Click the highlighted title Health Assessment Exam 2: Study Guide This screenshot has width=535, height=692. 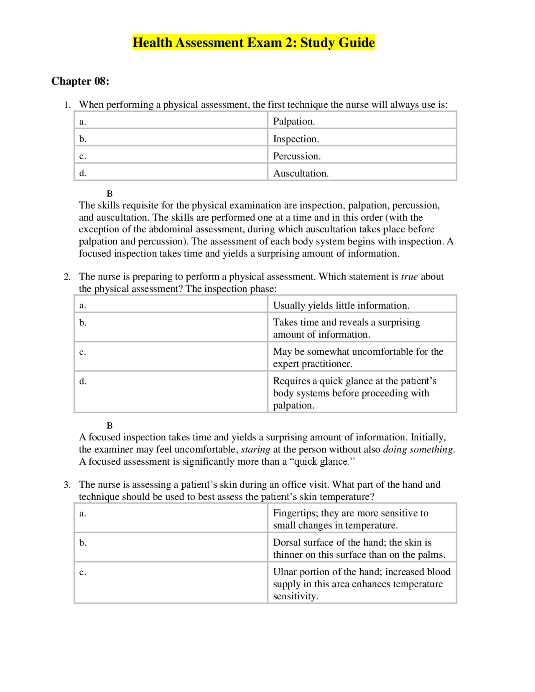click(x=254, y=43)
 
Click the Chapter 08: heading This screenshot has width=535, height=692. click(x=80, y=81)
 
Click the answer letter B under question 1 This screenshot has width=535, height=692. click(x=110, y=193)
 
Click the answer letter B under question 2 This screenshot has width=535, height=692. click(x=110, y=425)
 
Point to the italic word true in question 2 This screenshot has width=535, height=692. click(x=409, y=277)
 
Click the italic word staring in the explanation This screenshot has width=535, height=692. click(x=255, y=450)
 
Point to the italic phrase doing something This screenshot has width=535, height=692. click(x=418, y=450)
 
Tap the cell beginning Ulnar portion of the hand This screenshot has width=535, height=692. click(x=361, y=583)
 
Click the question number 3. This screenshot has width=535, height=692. click(x=67, y=485)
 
